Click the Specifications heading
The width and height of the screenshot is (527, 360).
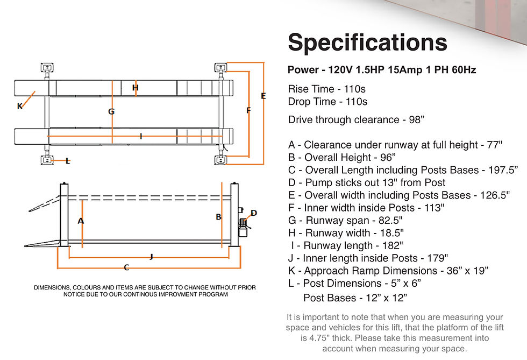(x=367, y=43)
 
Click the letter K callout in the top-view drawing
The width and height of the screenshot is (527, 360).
(x=20, y=107)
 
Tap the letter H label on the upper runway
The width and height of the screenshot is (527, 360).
(x=135, y=88)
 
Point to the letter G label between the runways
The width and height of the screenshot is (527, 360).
(x=111, y=111)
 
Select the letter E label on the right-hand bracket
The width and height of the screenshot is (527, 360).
(x=263, y=96)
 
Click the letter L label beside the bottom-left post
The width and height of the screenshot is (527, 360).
(x=68, y=161)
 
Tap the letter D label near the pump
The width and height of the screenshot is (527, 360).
(x=254, y=213)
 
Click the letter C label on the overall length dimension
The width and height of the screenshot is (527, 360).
(x=126, y=267)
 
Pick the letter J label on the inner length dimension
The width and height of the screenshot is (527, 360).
(x=151, y=257)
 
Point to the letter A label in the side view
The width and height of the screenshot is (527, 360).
(x=81, y=221)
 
